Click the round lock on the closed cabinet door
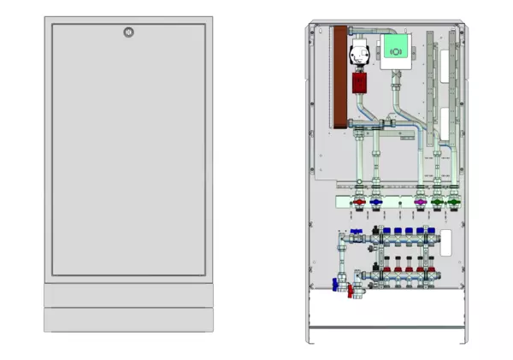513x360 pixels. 128,33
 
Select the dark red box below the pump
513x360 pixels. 359,85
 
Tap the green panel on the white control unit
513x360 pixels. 396,49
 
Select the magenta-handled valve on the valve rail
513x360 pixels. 420,204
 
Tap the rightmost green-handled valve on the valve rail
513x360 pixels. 453,204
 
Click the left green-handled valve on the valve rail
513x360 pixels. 438,204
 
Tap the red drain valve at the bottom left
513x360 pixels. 351,291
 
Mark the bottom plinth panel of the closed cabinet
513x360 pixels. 128,320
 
